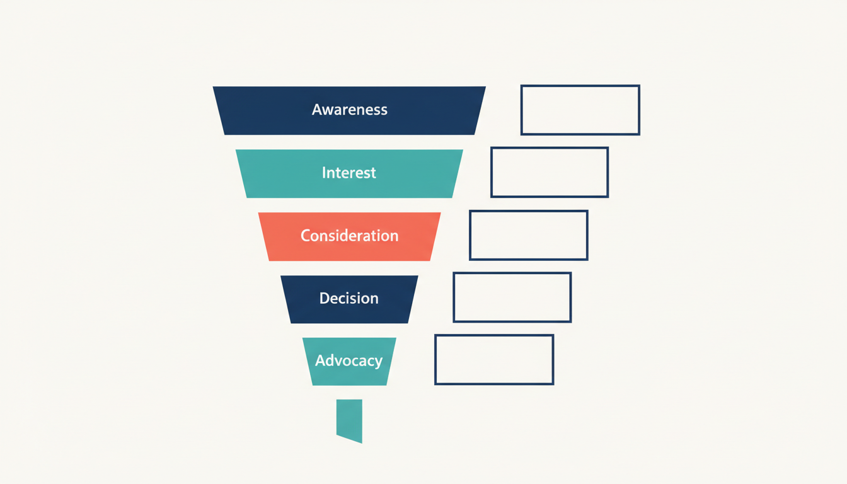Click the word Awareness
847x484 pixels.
click(349, 110)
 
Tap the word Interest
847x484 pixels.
click(349, 173)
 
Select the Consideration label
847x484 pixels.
click(349, 236)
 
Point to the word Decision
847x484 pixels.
click(349, 298)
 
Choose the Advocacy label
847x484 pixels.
click(349, 361)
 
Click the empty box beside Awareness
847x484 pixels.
click(580, 110)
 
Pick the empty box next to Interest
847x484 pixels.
click(550, 172)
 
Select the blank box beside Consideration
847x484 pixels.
click(529, 235)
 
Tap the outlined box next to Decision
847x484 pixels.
click(512, 297)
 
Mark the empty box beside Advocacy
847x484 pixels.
click(494, 359)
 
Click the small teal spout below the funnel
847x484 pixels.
click(350, 419)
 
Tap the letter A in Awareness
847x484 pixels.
click(316, 110)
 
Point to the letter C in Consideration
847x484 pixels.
click(306, 236)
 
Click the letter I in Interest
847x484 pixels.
click(324, 173)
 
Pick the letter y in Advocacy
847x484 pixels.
click(377, 362)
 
